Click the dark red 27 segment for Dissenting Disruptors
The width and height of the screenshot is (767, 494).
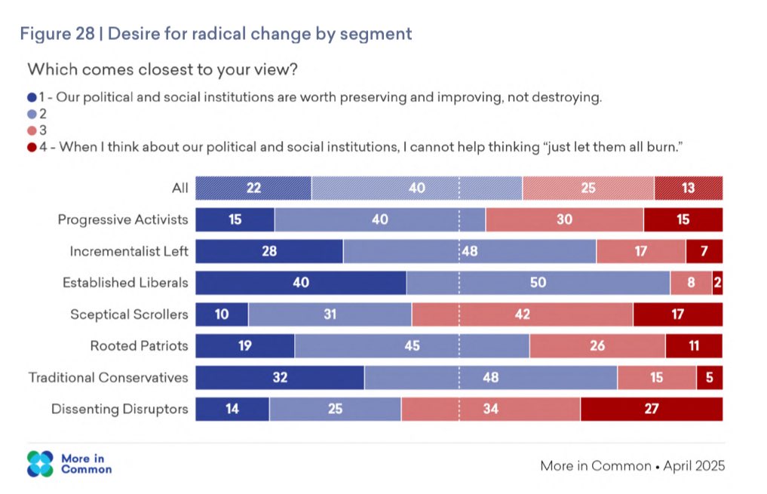652,409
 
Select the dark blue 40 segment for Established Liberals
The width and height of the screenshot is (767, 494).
301,283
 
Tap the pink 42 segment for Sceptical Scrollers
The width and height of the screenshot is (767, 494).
523,315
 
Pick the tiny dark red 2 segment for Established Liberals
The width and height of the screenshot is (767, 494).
717,283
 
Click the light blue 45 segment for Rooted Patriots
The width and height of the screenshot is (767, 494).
412,346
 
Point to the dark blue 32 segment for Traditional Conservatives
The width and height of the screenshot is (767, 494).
280,378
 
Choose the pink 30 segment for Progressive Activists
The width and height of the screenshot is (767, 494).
564,219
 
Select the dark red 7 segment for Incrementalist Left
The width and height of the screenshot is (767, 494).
704,251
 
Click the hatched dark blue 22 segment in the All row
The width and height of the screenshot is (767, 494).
253,188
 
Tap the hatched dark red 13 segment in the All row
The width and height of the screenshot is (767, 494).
689,188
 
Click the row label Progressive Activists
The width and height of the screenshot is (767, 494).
123,219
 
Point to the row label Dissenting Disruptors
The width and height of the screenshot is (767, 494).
119,409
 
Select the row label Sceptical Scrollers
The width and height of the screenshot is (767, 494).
129,315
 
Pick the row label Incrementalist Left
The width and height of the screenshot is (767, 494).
129,251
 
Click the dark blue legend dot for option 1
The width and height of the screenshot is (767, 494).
31,98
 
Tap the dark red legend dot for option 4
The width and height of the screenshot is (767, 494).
31,146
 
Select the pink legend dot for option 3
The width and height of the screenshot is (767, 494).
31,130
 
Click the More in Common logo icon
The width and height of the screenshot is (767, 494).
41,464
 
